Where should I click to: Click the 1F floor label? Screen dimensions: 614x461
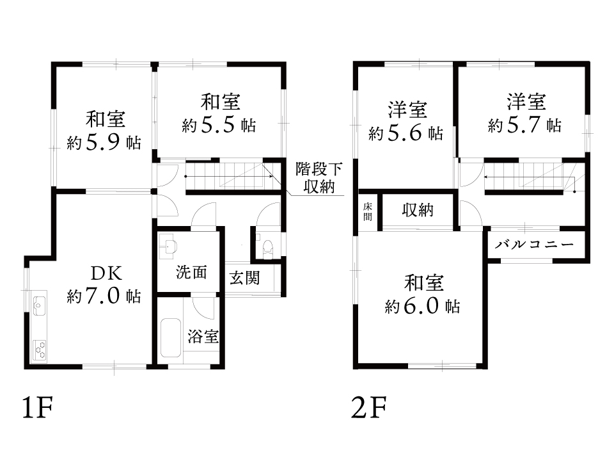click(x=37, y=407)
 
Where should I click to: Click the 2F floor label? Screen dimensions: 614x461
click(x=369, y=407)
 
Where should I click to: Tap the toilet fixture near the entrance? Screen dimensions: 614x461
click(x=268, y=250)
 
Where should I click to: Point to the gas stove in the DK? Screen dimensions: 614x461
click(x=40, y=350)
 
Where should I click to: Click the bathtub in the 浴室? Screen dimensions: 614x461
click(x=171, y=337)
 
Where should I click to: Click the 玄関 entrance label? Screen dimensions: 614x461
click(x=244, y=279)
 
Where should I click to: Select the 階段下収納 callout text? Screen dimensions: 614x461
click(x=319, y=177)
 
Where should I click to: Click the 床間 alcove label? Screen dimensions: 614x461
click(x=367, y=211)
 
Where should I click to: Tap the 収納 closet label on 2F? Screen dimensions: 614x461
click(x=418, y=210)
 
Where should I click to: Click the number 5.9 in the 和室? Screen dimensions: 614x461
click(x=102, y=142)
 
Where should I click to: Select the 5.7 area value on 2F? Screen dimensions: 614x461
click(x=524, y=125)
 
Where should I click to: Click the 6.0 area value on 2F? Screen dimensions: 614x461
click(x=421, y=306)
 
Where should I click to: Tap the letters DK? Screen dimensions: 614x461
click(x=106, y=273)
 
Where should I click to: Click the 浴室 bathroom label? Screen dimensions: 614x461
click(x=203, y=336)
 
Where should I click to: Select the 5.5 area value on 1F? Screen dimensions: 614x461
click(x=217, y=125)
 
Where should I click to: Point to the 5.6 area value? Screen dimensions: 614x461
click(x=405, y=133)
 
